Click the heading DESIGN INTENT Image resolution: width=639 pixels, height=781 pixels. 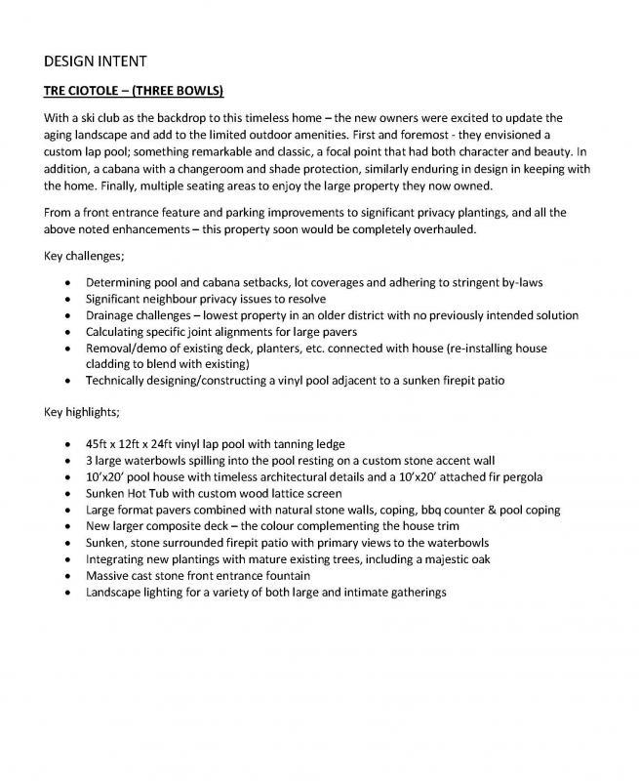[96, 62]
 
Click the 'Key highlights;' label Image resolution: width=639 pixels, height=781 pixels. [82, 412]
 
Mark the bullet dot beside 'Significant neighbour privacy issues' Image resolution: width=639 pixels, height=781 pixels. [66, 299]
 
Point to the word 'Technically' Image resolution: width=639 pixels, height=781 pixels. [117, 381]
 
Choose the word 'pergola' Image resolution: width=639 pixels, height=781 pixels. [519, 476]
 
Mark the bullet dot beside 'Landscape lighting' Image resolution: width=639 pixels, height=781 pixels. [66, 592]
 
